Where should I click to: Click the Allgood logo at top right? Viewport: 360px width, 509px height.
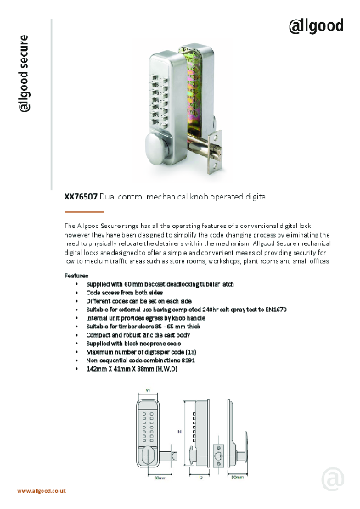click(x=316, y=25)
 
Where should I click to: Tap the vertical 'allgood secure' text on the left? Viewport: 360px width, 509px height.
click(x=25, y=74)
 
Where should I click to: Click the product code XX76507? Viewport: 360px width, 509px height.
click(x=81, y=197)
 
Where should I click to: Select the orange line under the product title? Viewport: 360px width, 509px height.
click(x=84, y=210)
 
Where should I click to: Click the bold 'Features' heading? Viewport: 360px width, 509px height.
click(x=79, y=277)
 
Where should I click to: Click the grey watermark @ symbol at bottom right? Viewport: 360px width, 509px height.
click(x=333, y=479)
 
